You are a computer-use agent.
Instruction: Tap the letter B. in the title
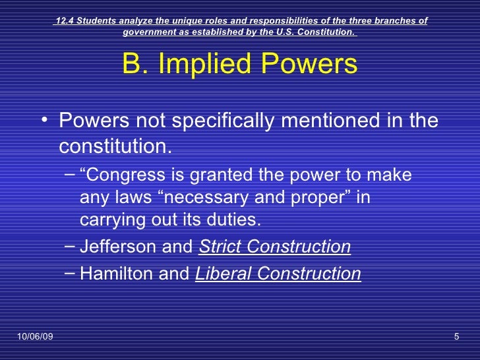pyautogui.click(x=135, y=65)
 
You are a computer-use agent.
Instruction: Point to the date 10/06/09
pyautogui.click(x=35, y=338)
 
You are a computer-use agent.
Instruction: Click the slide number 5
pyautogui.click(x=456, y=338)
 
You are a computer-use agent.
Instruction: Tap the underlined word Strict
pyautogui.click(x=221, y=247)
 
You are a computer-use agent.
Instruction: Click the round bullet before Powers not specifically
pyautogui.click(x=44, y=121)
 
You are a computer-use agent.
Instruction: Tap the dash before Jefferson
pyautogui.click(x=70, y=247)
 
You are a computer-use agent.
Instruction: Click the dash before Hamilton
pyautogui.click(x=70, y=274)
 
